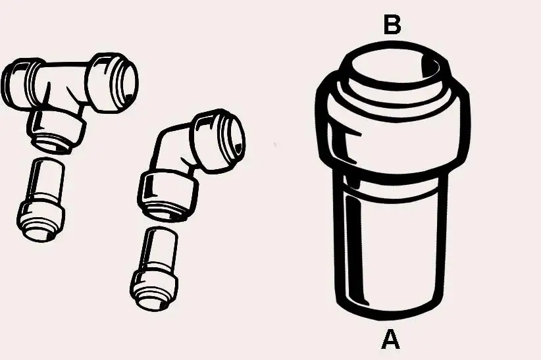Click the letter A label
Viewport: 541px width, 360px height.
(391, 340)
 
